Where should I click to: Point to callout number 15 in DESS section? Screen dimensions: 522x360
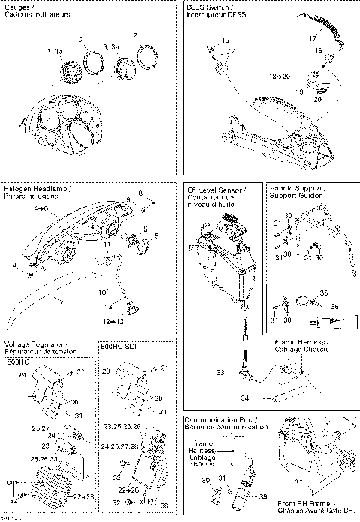pyautogui.click(x=226, y=40)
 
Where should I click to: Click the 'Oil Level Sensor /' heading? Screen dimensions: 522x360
pyautogui.click(x=212, y=190)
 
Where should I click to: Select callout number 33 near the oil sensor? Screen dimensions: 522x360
pyautogui.click(x=221, y=371)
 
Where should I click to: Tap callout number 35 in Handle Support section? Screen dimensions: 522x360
pyautogui.click(x=323, y=292)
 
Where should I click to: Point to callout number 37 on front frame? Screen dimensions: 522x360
pyautogui.click(x=298, y=482)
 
